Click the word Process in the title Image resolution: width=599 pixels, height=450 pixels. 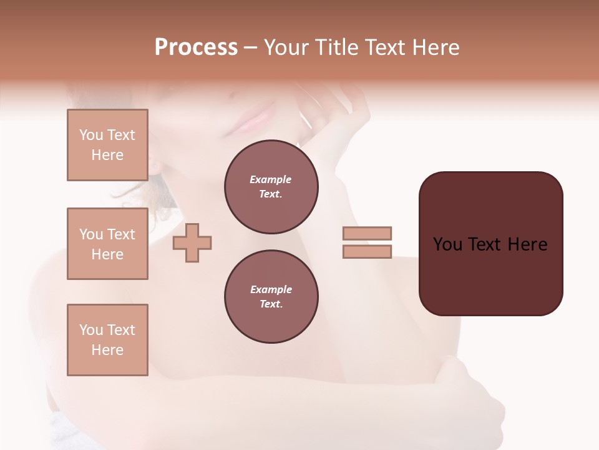196,47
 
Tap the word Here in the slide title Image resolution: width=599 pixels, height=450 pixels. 435,47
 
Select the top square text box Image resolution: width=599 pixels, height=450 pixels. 107,145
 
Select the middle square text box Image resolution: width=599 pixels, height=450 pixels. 107,244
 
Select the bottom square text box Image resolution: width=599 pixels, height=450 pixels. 107,340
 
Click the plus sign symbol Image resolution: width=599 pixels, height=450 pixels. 192,243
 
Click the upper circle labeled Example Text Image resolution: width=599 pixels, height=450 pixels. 271,187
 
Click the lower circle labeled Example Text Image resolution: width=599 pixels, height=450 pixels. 271,297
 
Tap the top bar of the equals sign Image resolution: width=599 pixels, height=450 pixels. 367,233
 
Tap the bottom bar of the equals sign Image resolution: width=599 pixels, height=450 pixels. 367,251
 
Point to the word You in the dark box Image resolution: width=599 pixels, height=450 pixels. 447,244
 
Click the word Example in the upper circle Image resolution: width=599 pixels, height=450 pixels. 271,179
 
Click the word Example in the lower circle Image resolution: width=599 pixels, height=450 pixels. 271,289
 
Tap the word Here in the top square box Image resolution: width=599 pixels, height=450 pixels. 107,155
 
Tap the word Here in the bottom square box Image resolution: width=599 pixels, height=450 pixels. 107,350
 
